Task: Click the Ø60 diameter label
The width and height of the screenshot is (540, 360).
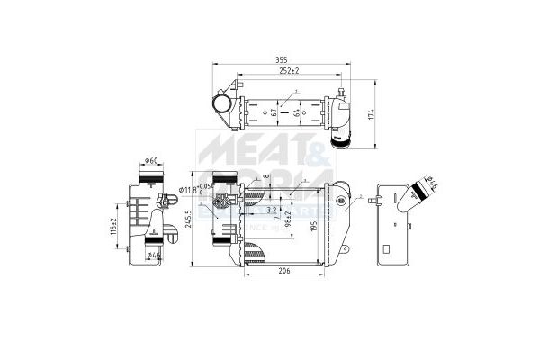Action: click(x=151, y=162)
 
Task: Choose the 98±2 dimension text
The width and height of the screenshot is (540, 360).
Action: click(x=288, y=219)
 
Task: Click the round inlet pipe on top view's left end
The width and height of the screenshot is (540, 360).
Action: click(x=220, y=106)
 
